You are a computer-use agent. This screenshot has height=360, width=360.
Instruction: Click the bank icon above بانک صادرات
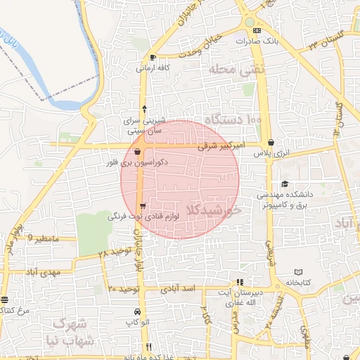point(257,31)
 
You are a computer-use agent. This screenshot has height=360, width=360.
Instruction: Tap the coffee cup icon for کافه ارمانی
point(153,58)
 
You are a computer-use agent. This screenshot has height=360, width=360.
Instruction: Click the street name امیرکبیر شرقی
point(220,148)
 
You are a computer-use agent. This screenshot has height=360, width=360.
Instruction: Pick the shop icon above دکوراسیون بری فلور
point(138,151)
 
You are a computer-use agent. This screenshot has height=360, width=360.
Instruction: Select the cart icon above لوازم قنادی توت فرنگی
point(143,207)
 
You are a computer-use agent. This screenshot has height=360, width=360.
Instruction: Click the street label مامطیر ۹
point(49,239)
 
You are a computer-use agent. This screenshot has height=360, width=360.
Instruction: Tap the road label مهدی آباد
point(43,271)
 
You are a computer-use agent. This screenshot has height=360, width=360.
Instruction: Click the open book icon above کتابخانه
point(298,272)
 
